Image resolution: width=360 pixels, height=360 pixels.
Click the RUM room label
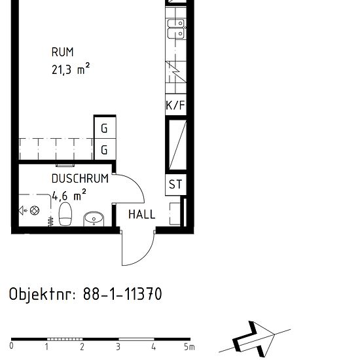pyautogui.click(x=62, y=52)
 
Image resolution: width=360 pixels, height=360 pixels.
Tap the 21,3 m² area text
pyautogui.click(x=71, y=68)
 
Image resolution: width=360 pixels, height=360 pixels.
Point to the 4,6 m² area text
pyautogui.click(x=69, y=195)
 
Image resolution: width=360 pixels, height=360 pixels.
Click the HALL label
pyautogui.click(x=141, y=214)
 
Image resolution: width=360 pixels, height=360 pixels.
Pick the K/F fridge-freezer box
pyautogui.click(x=175, y=105)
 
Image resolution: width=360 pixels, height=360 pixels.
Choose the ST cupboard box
pyautogui.click(x=175, y=185)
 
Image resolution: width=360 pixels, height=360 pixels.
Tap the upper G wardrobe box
pyautogui.click(x=104, y=128)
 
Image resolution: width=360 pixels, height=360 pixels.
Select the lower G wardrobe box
pyautogui.click(x=104, y=150)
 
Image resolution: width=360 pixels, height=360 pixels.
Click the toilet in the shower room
pyautogui.click(x=65, y=213)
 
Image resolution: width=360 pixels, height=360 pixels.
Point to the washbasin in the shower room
pyautogui.click(x=94, y=218)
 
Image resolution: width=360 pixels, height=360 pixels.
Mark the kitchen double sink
pyautogui.click(x=175, y=29)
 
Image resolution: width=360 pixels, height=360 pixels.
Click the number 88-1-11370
pyautogui.click(x=122, y=295)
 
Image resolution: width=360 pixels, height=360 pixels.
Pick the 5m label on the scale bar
pyautogui.click(x=189, y=347)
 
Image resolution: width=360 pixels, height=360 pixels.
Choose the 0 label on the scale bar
pyautogui.click(x=12, y=347)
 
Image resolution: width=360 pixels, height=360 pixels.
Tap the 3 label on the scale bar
pyautogui.click(x=118, y=347)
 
